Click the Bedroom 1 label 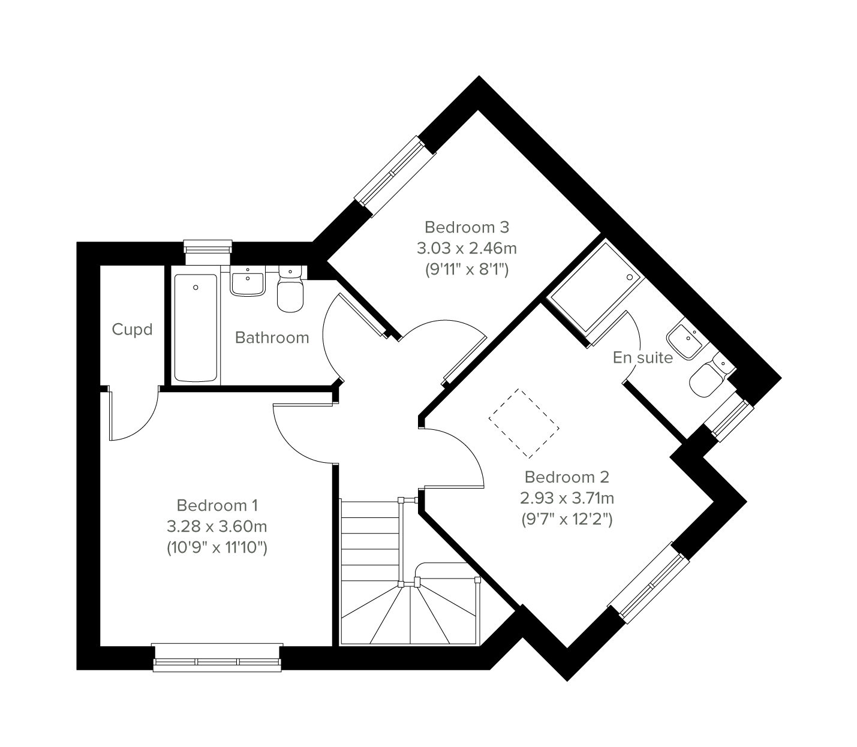(x=217, y=505)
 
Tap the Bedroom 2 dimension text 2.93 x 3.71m (x=567, y=498)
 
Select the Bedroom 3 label (x=467, y=227)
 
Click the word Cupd (x=132, y=330)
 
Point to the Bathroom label (x=272, y=338)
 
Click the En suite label (x=642, y=357)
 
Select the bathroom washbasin (x=248, y=281)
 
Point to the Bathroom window (x=208, y=252)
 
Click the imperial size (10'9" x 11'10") (x=217, y=548)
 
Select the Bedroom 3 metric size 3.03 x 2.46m (x=467, y=248)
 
